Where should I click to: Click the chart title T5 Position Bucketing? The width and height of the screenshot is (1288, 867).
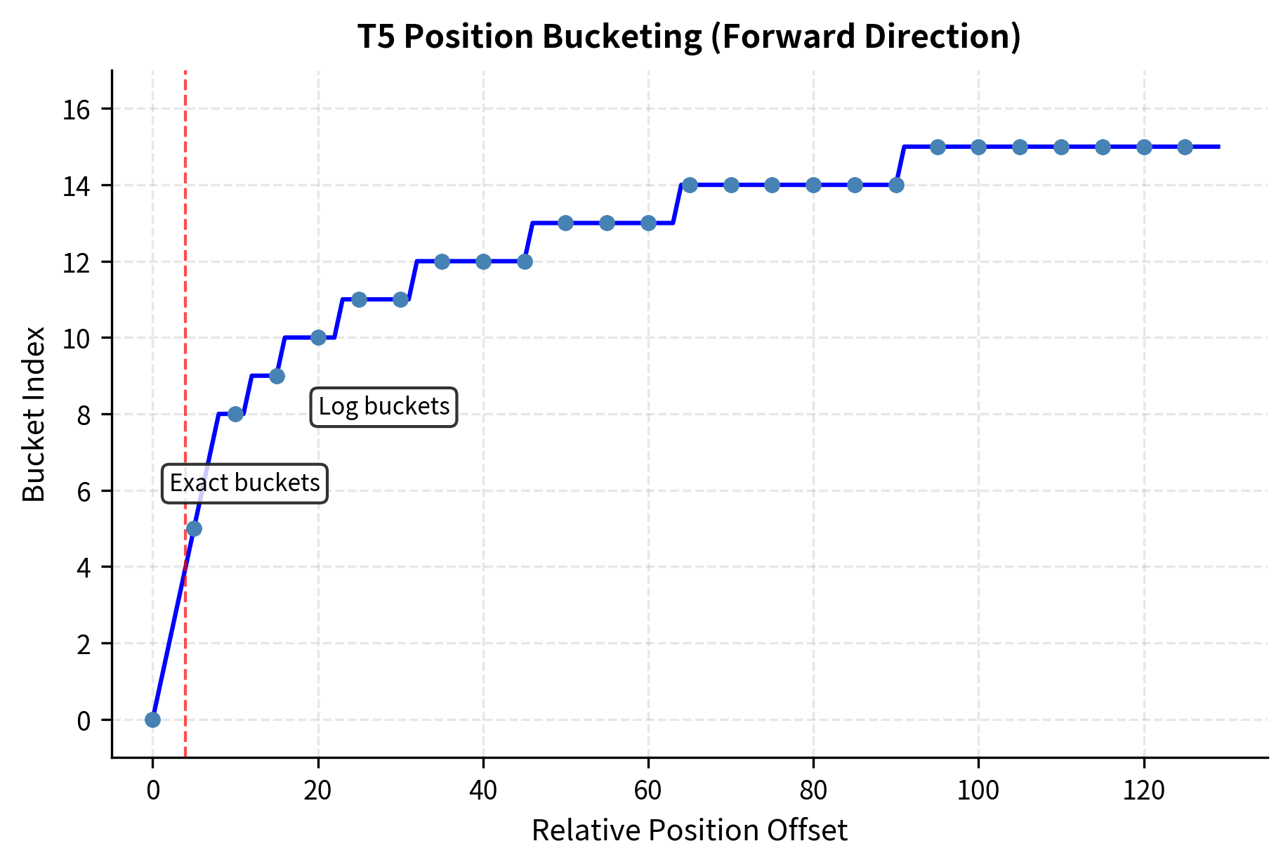point(689,37)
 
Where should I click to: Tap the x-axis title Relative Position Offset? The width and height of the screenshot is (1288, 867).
point(689,830)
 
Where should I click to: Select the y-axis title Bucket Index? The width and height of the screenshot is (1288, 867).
point(34,414)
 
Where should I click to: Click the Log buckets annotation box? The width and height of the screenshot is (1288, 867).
point(383,407)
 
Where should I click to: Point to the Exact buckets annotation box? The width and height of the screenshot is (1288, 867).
point(244,483)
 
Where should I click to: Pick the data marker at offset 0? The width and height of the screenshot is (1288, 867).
point(152,719)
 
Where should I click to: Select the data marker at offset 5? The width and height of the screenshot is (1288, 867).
point(195,528)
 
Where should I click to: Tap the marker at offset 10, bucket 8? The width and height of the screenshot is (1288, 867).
point(235,414)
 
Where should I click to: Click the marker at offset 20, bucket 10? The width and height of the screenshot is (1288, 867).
point(318,337)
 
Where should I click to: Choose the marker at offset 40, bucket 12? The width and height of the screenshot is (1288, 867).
point(483,261)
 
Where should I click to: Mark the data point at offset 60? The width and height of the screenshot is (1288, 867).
point(648,223)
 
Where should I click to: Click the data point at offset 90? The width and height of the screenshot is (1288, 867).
point(896,185)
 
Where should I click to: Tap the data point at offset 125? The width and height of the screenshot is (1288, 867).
point(1185,147)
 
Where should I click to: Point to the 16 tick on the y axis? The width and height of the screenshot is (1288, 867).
point(77,110)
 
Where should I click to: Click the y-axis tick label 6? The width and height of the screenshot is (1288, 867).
point(84,491)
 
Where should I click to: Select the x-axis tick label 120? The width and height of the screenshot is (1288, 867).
point(1143,791)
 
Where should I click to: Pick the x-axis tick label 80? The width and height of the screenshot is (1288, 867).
point(813,791)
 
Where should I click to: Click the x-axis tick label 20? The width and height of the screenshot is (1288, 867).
point(317,791)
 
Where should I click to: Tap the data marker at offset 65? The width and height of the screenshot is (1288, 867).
point(690,185)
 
